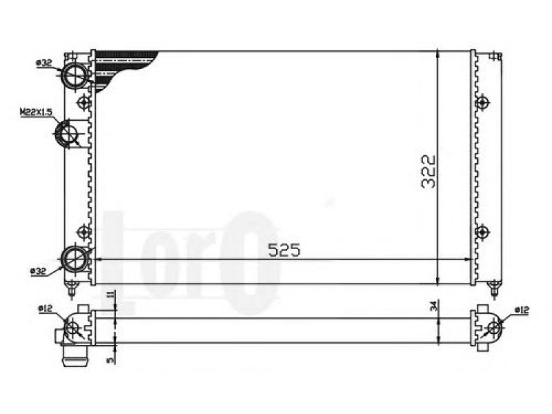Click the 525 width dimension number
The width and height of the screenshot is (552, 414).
coord(284,250)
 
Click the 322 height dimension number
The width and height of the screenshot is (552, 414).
coord(428,172)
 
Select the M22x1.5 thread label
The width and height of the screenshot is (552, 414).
coord(36,112)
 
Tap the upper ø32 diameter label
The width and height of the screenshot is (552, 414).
coord(44,63)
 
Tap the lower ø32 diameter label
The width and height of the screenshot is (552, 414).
coord(39,271)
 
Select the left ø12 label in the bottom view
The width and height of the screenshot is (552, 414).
coord(46,309)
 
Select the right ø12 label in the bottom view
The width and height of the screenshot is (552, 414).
coord(522,310)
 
